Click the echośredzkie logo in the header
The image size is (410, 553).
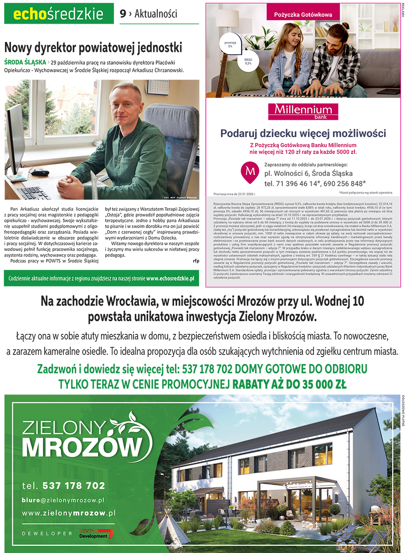tap(59, 14)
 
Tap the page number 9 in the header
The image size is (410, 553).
tap(123, 14)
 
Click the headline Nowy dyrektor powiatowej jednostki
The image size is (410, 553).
tap(93, 47)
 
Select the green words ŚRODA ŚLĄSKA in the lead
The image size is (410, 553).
tap(25, 62)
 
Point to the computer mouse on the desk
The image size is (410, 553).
tap(40, 173)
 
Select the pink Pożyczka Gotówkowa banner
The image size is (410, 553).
tap(303, 15)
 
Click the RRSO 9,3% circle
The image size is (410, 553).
tap(248, 62)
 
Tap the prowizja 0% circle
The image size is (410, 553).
tap(230, 44)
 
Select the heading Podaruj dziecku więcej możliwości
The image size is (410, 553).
tap(303, 133)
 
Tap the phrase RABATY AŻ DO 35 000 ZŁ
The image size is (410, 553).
tap(289, 384)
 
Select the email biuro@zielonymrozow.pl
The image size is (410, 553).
tap(63, 500)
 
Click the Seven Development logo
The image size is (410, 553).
tap(96, 534)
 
